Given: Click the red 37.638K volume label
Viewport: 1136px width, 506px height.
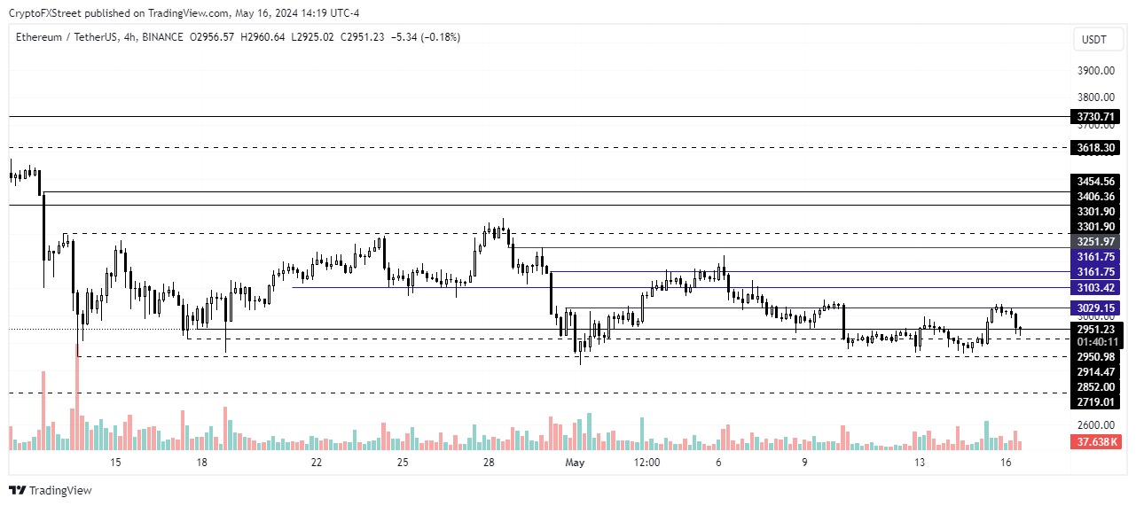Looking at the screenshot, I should (x=1097, y=441).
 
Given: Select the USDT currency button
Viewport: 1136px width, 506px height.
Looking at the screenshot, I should (x=1095, y=39).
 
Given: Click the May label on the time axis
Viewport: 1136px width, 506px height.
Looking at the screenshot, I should (x=576, y=463).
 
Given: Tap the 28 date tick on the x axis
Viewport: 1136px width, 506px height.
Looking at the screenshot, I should (x=489, y=463).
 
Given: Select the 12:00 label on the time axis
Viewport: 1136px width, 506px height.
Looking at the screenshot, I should (x=647, y=463).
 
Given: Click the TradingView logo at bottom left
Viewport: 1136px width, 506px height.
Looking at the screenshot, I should (x=51, y=490).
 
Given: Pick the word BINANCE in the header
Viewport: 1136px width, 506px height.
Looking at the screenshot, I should (x=161, y=37).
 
